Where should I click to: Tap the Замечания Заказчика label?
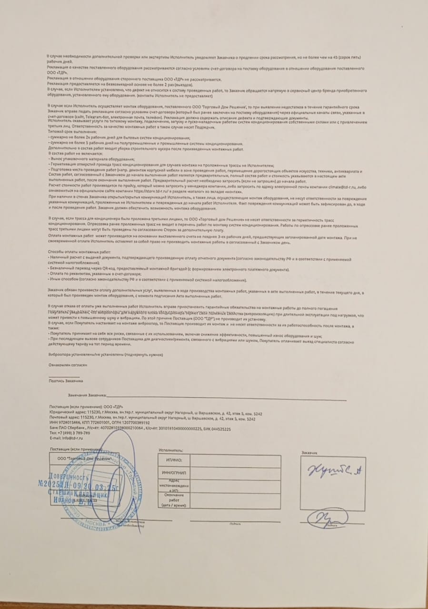pyautogui.click(x=86, y=395)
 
